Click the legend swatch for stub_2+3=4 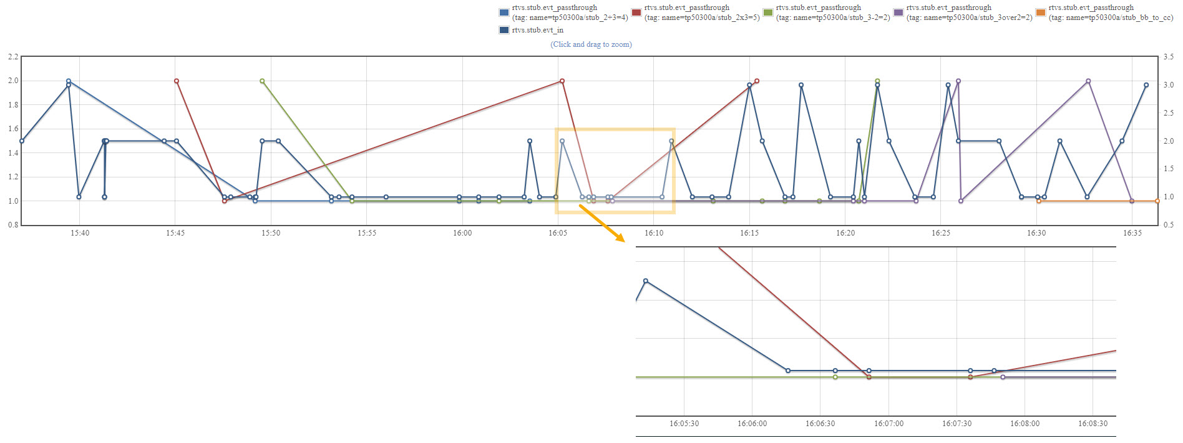coord(504,12)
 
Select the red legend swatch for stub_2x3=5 coord(636,12)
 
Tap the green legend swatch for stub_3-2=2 coord(768,12)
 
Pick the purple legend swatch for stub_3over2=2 coord(898,12)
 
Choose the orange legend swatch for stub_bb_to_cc coord(1041,12)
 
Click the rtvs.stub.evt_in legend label coord(537,30)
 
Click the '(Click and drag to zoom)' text coord(591,44)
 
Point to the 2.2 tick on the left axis coord(13,57)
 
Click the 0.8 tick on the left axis coord(13,225)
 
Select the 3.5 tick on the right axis coord(1168,57)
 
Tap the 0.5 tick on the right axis coord(1168,225)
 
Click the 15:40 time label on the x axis coord(79,233)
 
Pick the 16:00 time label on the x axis coord(462,233)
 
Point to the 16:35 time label coord(1132,233)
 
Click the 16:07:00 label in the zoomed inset coord(888,424)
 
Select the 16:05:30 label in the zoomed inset coord(684,424)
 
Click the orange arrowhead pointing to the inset coord(620,237)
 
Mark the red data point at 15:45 coord(177,81)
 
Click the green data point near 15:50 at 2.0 coord(262,81)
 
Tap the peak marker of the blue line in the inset coord(646,281)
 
